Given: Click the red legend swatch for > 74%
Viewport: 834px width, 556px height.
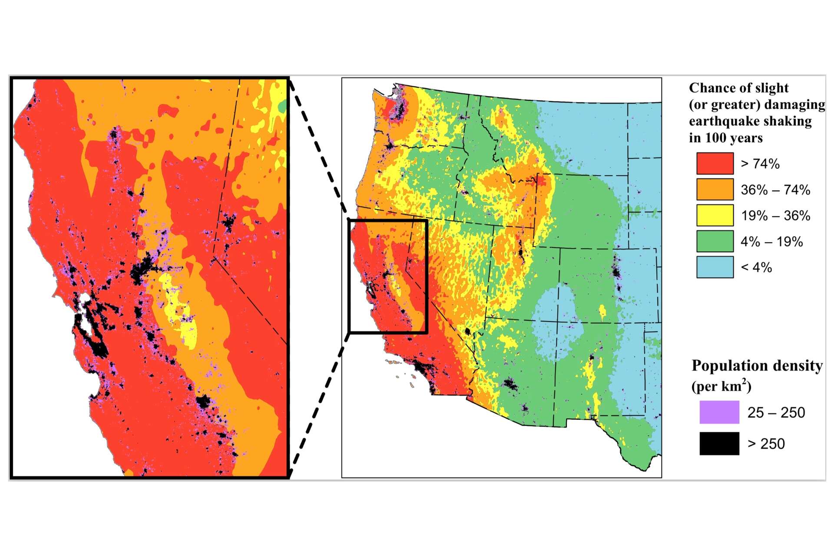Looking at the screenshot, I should [x=715, y=164].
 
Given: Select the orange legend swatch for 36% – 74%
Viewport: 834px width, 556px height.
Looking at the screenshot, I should [x=715, y=189].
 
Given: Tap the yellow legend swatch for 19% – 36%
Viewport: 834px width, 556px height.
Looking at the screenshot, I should [x=715, y=215].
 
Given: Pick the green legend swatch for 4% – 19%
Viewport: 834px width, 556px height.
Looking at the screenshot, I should [x=715, y=241].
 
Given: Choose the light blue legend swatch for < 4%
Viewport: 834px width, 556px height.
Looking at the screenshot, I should [x=715, y=267].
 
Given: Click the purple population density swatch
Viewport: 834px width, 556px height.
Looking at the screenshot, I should [x=719, y=412].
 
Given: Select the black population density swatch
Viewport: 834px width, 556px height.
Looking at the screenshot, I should [x=719, y=444].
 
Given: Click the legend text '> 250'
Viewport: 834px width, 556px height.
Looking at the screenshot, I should [x=766, y=444].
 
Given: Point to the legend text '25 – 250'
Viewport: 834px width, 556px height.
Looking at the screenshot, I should [x=776, y=412].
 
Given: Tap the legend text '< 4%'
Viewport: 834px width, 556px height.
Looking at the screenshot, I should [x=756, y=267].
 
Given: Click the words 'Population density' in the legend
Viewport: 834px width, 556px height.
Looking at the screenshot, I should [x=757, y=365].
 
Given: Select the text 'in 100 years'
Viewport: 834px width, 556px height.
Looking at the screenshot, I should [x=725, y=138].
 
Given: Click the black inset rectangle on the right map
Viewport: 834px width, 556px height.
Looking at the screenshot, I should [x=388, y=220].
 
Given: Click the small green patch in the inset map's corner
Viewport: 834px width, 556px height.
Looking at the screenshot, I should [x=283, y=105].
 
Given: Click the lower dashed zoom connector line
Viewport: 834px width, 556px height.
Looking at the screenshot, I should [x=319, y=406].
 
